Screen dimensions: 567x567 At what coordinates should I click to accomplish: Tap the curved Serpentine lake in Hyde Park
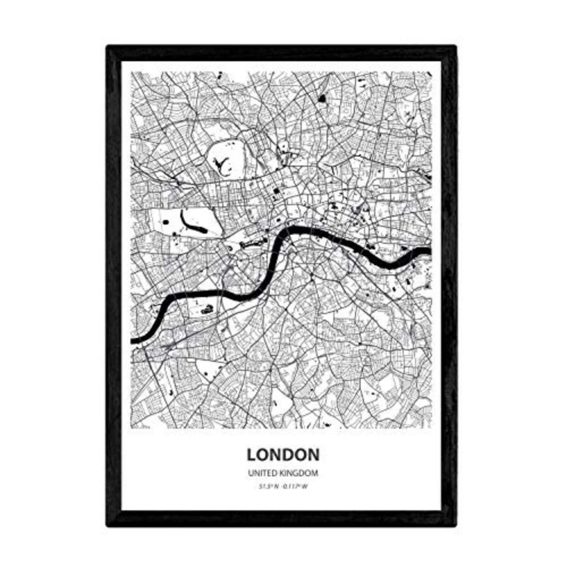(193, 222)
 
